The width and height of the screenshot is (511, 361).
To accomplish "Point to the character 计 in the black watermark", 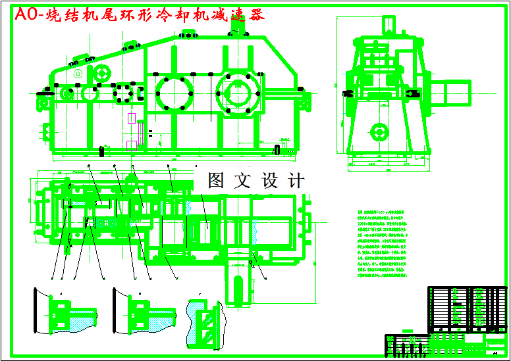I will pos(296,181).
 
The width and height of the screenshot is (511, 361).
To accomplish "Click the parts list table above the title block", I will pos(467,306).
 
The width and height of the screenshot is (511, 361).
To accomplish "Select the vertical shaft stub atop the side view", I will pos(389,24).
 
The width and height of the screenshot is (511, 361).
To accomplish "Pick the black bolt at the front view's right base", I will pos(277,150).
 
